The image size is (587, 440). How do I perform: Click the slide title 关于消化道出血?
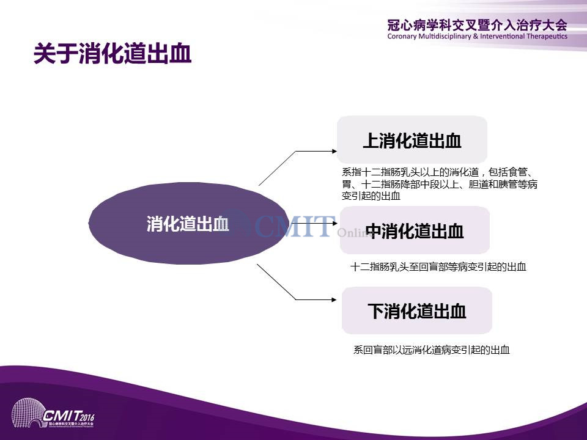[113, 54]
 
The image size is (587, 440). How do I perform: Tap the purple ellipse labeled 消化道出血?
[188, 224]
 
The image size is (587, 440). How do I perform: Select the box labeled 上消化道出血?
[412, 139]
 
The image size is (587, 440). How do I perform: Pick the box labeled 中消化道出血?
[415, 230]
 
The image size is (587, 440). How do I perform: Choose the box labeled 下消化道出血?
[416, 310]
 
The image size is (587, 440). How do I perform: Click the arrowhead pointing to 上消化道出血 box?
[334, 151]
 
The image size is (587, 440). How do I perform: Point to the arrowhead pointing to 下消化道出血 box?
[334, 299]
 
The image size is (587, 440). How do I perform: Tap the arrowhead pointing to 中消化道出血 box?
[334, 224]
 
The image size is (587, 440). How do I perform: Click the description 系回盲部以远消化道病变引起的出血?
[432, 350]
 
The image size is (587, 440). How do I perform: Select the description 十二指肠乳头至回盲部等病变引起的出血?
[438, 267]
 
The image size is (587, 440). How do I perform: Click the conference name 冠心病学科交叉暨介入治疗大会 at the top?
[478, 26]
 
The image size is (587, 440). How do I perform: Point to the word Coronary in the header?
[402, 36]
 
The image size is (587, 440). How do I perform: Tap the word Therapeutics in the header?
[547, 36]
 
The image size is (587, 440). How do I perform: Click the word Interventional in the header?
[503, 36]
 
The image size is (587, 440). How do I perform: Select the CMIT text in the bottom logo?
[61, 416]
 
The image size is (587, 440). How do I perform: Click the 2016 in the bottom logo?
[87, 417]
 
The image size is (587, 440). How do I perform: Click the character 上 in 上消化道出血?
[371, 141]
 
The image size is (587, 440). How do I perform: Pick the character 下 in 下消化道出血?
[375, 311]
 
